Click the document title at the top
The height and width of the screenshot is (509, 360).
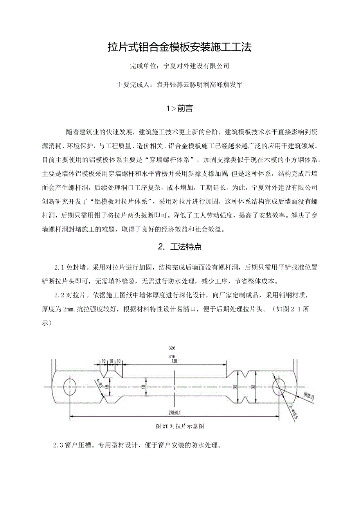click(180, 47)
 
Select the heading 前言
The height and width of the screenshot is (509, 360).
click(185, 109)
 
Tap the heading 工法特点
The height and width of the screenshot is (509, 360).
click(185, 246)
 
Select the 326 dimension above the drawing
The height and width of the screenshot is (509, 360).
click(172, 348)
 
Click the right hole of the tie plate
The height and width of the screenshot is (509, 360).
click(278, 386)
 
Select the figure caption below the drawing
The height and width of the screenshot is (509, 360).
click(180, 426)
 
